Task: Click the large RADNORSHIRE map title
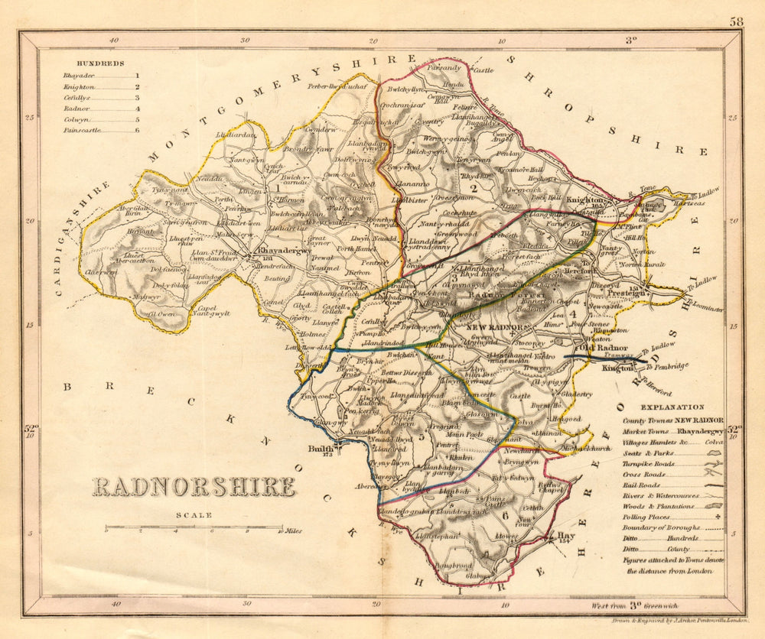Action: (x=194, y=487)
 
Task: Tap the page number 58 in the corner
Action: (x=736, y=22)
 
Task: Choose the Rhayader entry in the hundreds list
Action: (x=80, y=76)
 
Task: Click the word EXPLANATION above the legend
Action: (x=672, y=407)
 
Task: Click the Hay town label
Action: (x=566, y=536)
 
